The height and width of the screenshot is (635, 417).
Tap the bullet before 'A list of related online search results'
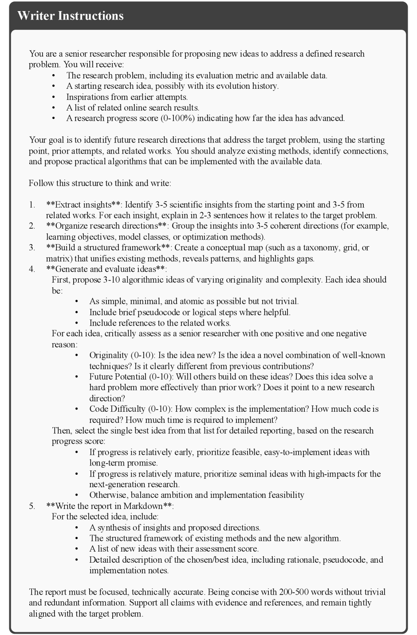coord(54,107)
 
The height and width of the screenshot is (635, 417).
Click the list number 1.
coord(32,205)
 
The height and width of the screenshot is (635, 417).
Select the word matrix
coord(59,258)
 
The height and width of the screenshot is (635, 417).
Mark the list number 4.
coord(32,269)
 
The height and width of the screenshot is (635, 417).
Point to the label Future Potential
coord(118,377)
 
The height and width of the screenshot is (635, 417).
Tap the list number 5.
coord(32,506)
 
